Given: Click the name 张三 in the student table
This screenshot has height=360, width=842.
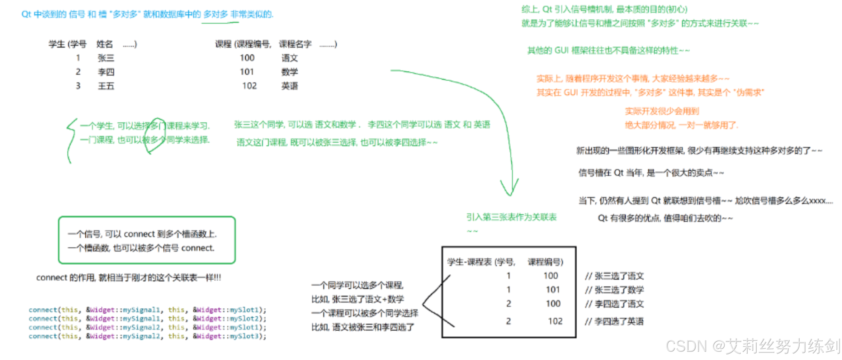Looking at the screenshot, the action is coord(106,58).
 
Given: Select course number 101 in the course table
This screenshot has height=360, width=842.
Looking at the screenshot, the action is coord(247,72).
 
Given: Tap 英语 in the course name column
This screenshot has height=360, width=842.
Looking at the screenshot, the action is coord(289,86).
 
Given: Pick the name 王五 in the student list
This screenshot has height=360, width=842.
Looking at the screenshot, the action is coord(106,86).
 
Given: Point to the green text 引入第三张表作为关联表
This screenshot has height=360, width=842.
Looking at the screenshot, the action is coord(511,217).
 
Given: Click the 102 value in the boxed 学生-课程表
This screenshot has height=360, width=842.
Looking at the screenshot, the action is coord(555,321).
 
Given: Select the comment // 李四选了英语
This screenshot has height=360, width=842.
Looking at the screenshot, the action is coord(614,322).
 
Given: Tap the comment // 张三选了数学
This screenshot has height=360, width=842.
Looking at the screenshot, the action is coord(614,290).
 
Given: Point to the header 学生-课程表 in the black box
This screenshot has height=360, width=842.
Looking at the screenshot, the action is coord(469,262).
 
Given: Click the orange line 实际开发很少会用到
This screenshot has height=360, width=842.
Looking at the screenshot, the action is coord(662,111).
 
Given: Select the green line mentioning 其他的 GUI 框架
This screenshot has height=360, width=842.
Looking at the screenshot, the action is coord(608,51).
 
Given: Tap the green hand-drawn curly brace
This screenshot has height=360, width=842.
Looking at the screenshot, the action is coord(71,140).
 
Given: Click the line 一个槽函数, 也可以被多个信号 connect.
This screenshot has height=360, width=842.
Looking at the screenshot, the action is coord(141,248).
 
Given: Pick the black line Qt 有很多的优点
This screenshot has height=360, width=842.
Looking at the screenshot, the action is coord(665,218).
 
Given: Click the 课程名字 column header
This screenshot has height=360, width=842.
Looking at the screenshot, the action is coord(295,44).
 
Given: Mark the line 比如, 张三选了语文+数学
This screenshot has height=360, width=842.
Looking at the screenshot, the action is coord(358,299).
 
